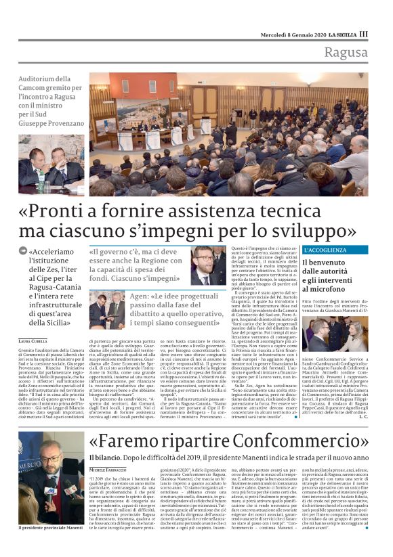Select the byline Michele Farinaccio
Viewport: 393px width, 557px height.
pyautogui.click(x=108, y=469)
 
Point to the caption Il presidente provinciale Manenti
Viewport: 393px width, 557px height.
pyautogui.click(x=50, y=545)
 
